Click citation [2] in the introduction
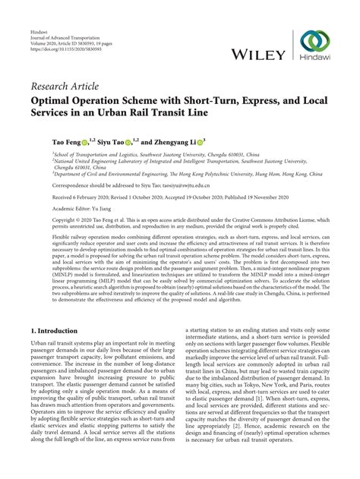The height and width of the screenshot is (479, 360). [267, 447]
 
